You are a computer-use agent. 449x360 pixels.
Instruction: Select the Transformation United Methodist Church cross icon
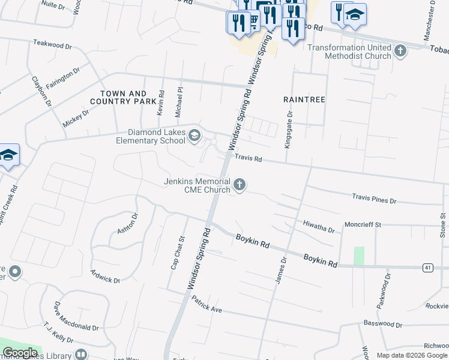pyautogui.click(x=401, y=52)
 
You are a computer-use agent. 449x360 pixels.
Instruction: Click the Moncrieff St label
pyautogui.click(x=363, y=224)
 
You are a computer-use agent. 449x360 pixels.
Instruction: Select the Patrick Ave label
pyautogui.click(x=207, y=307)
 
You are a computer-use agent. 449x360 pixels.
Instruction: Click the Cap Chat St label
pyautogui.click(x=175, y=253)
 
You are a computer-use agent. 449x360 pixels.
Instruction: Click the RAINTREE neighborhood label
pyautogui.click(x=304, y=98)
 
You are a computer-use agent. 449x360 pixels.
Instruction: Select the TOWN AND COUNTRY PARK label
pyautogui.click(x=123, y=98)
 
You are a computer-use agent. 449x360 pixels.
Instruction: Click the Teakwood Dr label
pyautogui.click(x=52, y=43)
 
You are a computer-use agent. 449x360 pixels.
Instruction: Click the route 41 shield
pyautogui.click(x=427, y=267)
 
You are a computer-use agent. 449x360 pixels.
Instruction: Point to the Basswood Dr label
pyautogui.click(x=382, y=324)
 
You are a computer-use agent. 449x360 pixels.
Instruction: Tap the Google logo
pyautogui.click(x=20, y=353)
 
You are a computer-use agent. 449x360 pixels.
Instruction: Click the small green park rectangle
pyautogui.click(x=359, y=256)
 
